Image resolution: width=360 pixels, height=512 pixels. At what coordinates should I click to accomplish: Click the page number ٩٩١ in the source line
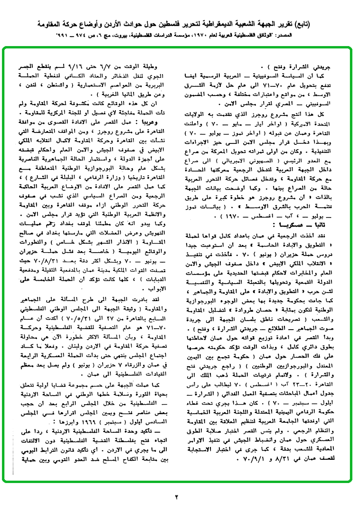[64, 36]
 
